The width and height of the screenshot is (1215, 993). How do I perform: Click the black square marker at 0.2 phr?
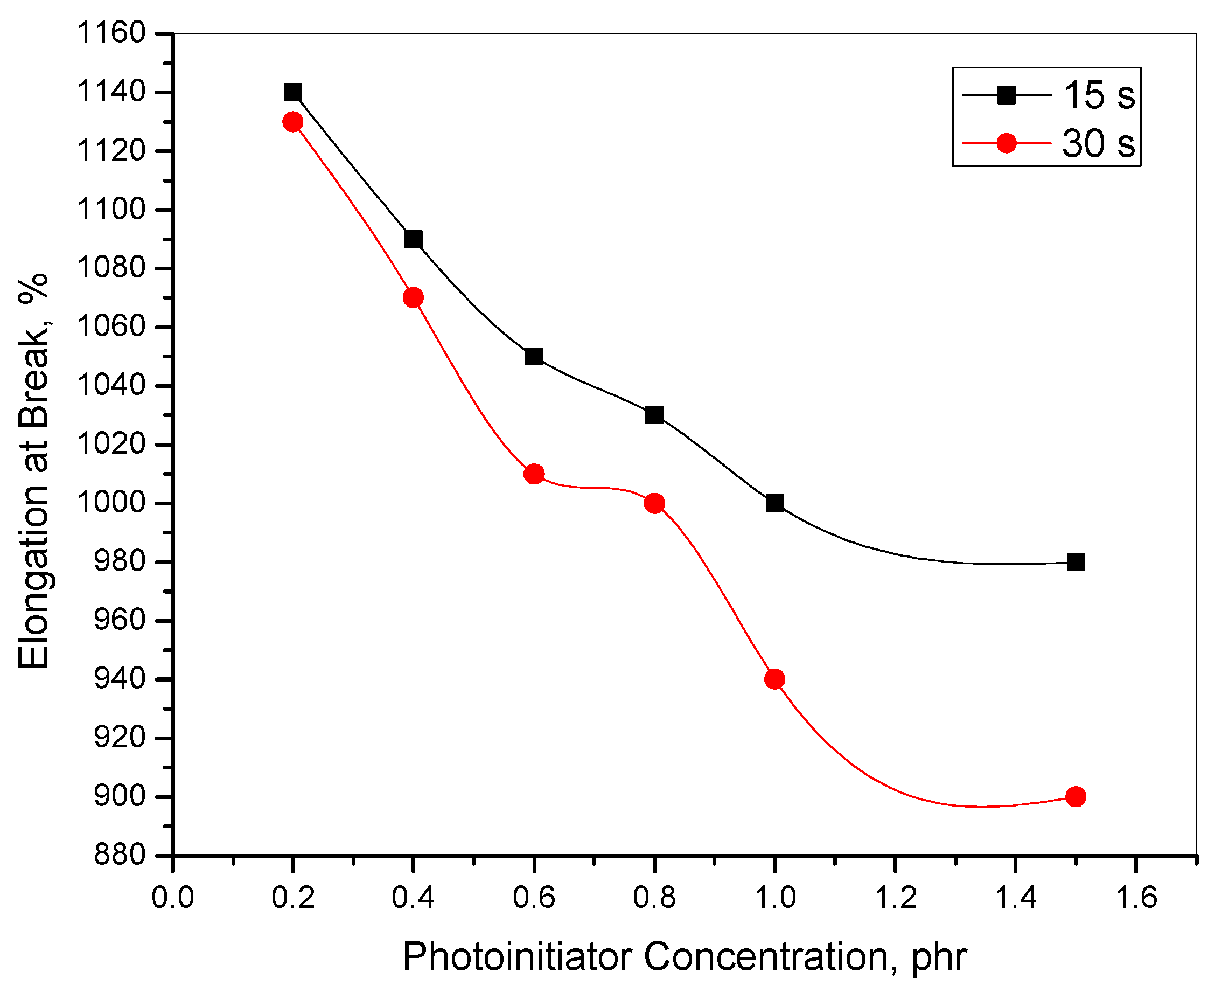tap(293, 92)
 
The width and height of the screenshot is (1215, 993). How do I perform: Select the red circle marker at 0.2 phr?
tap(293, 122)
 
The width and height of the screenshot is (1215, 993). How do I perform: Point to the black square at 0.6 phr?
tap(534, 357)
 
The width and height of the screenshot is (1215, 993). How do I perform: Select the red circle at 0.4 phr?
tap(414, 297)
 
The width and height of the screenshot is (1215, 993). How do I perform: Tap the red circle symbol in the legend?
tap(1006, 143)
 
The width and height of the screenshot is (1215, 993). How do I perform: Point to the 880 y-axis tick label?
tap(120, 856)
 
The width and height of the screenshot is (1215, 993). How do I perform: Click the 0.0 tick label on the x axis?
tap(173, 897)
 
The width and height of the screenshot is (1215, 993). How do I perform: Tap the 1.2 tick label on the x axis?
tap(896, 897)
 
